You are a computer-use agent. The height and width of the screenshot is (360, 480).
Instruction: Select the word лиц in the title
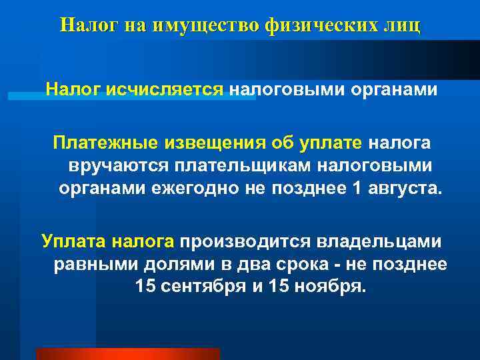403,26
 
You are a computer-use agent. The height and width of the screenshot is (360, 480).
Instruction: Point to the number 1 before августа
355,187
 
